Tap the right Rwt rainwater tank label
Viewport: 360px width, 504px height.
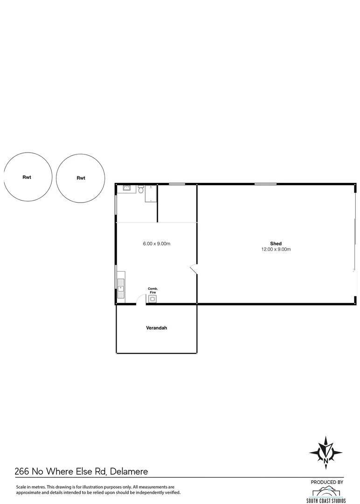[81, 178]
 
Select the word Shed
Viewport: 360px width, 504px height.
[276, 244]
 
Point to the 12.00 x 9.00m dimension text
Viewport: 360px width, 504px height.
[276, 250]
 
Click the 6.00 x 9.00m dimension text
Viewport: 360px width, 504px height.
[156, 244]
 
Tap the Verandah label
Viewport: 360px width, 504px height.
[157, 328]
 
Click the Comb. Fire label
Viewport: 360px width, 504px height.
[153, 290]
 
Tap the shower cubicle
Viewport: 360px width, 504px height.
[151, 194]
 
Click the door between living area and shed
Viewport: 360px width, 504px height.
[194, 269]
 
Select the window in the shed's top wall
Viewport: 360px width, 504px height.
[265, 184]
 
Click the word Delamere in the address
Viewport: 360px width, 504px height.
[129, 472]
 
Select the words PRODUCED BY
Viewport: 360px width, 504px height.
[327, 482]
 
